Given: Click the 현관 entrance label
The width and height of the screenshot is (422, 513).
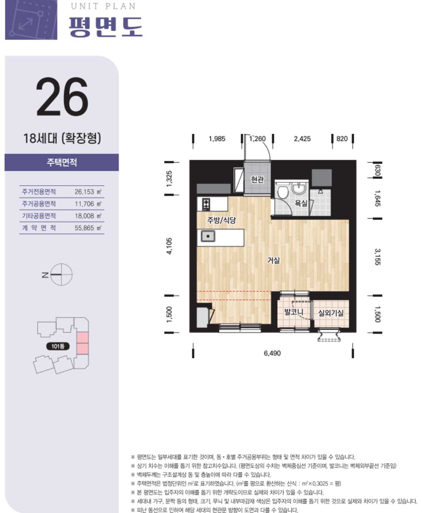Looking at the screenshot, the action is (257, 180).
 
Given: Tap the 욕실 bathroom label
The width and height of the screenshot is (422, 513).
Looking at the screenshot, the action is (301, 203).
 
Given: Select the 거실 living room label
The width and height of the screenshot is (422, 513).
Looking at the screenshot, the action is (273, 260).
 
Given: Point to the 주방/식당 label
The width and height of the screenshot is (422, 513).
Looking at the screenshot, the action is (221, 220).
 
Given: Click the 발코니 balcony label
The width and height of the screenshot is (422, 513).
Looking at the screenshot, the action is (294, 312).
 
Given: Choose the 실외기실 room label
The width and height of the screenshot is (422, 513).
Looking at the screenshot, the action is (331, 313).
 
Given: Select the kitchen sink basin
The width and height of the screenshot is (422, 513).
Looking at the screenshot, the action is (208, 236).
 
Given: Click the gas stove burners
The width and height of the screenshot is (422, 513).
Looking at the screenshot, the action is (206, 205).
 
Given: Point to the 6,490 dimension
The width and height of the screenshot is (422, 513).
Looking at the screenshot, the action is (272, 353).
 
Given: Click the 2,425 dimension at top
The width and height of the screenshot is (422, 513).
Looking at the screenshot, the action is (302, 139).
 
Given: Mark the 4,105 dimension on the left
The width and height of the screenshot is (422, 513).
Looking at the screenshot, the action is (169, 246).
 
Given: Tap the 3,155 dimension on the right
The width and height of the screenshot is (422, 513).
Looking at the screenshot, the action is (377, 257).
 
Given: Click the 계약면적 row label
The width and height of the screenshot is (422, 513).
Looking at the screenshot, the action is (39, 228).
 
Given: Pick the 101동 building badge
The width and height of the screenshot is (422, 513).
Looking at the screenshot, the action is (58, 346).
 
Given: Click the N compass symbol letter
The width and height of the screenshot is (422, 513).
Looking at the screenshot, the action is (45, 275).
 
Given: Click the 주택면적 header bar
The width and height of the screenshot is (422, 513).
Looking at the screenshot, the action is (62, 162).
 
